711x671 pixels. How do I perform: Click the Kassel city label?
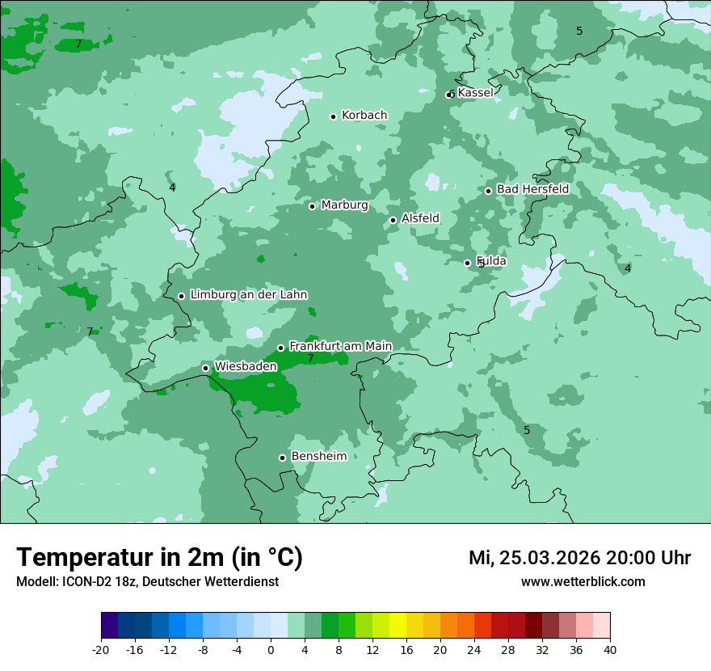point(475,93)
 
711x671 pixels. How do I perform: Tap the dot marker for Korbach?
point(333,116)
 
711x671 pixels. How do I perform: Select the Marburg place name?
point(344,205)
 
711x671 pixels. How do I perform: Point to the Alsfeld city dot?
point(393,220)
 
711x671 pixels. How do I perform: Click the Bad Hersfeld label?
point(532,189)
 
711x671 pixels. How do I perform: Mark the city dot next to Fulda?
point(467,263)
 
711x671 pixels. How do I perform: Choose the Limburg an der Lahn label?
point(248,295)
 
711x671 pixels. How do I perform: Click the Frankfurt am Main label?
point(340,346)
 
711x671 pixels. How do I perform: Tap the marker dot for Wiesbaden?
point(205,368)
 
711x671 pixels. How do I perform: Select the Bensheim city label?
point(318,456)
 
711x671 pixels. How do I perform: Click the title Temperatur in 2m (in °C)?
point(159,557)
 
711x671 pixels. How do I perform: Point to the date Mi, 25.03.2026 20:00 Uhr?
point(579,558)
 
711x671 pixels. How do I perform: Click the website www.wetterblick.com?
point(583,582)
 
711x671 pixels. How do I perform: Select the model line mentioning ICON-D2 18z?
point(147,582)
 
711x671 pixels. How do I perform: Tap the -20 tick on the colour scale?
point(101,649)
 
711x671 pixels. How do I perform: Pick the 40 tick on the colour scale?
point(610,649)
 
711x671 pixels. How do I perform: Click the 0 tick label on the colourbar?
point(271,649)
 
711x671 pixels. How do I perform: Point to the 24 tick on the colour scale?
point(474,649)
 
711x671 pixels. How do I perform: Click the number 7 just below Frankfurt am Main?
point(310,358)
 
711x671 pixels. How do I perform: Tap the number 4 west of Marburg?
point(172,188)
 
